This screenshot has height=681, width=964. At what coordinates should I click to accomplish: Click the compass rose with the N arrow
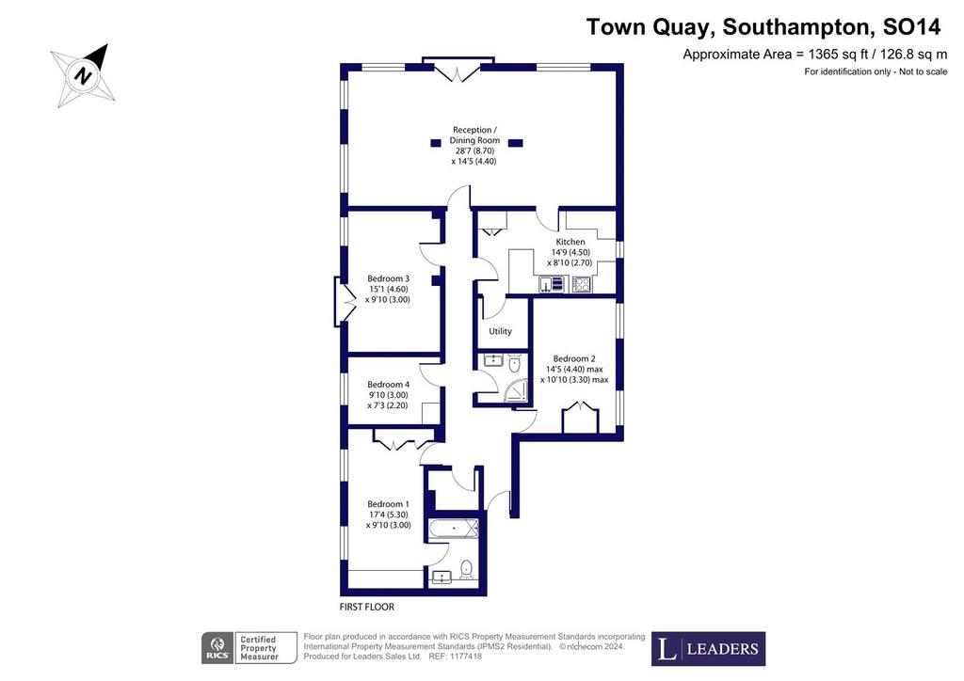[x=83, y=76]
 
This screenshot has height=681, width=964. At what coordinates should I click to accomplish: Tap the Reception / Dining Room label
[x=474, y=135]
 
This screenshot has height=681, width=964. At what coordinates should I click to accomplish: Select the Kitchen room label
[x=570, y=242]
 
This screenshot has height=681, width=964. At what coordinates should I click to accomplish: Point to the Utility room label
[x=500, y=331]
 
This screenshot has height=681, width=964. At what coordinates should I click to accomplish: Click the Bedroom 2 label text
[x=573, y=358]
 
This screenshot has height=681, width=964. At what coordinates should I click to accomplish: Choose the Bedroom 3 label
[x=388, y=278]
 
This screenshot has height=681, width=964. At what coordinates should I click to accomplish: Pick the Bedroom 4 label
[x=388, y=385]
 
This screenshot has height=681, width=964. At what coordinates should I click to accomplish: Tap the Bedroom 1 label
[x=388, y=504]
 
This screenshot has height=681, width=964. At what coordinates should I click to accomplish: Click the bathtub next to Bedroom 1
[x=454, y=528]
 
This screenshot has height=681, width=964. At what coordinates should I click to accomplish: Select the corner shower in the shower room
[x=517, y=391]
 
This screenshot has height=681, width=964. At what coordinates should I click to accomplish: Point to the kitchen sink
[x=552, y=284]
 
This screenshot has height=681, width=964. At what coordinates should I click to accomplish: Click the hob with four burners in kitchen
[x=581, y=284]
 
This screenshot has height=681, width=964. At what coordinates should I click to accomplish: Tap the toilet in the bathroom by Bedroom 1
[x=467, y=569]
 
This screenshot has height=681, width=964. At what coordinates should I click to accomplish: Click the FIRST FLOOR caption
[x=367, y=607]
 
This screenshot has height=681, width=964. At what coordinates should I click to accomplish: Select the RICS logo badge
[x=218, y=648]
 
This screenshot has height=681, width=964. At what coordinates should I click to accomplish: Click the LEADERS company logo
[x=708, y=648]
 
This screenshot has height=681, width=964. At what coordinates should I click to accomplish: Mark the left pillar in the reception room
[x=436, y=143]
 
